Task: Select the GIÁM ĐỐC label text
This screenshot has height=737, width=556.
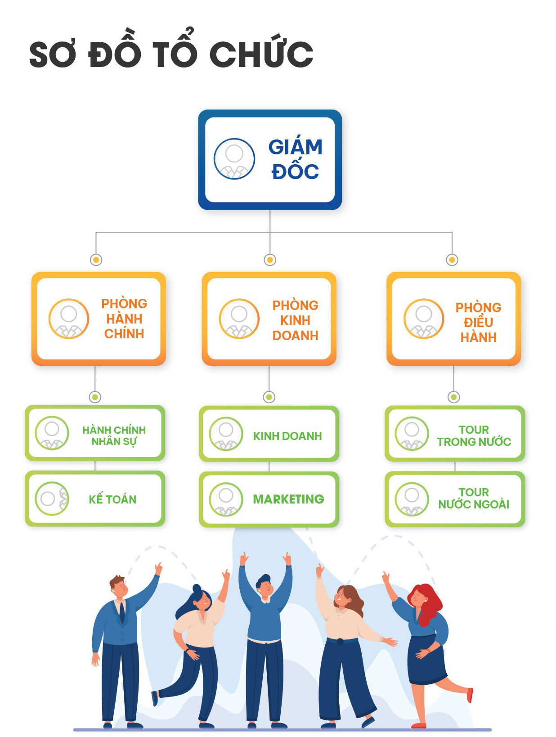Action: (x=295, y=159)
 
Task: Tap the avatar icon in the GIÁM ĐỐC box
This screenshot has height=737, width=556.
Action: (x=234, y=159)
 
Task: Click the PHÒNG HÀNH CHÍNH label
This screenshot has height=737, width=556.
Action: (x=124, y=319)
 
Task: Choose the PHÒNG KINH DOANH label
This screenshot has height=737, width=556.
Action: (x=295, y=320)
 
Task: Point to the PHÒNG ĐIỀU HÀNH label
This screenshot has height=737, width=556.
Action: (x=478, y=322)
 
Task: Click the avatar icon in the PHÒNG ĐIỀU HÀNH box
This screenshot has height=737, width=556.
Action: (x=424, y=319)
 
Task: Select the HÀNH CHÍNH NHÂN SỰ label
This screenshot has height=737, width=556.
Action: (x=114, y=436)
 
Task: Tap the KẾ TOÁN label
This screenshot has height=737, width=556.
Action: (x=112, y=499)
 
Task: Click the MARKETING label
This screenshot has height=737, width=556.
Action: (x=288, y=499)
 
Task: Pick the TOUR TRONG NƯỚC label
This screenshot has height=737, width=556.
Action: (x=474, y=436)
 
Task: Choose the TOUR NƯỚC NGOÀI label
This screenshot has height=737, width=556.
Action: (x=474, y=498)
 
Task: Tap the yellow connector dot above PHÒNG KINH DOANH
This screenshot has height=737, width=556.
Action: (x=270, y=260)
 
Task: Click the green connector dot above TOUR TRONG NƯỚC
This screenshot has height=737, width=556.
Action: (x=454, y=397)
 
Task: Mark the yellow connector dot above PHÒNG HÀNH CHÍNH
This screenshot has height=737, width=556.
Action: (x=96, y=260)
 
